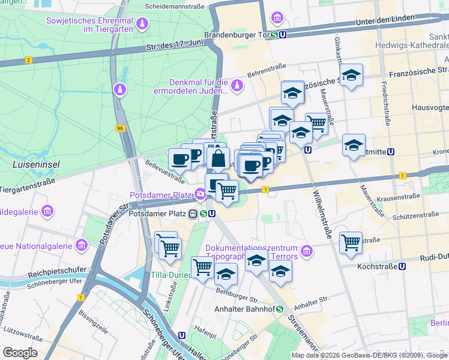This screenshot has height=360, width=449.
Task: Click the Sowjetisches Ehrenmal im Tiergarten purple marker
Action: [142, 25]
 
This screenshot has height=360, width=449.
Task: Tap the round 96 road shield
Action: [120, 128]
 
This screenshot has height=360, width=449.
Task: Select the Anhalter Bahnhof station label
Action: [244, 310]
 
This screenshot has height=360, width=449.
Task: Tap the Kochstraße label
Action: [376, 266]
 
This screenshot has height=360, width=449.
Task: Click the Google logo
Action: [20, 352]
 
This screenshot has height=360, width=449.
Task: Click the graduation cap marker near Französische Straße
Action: [351, 76]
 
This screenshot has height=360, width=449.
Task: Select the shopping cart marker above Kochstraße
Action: [351, 243]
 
